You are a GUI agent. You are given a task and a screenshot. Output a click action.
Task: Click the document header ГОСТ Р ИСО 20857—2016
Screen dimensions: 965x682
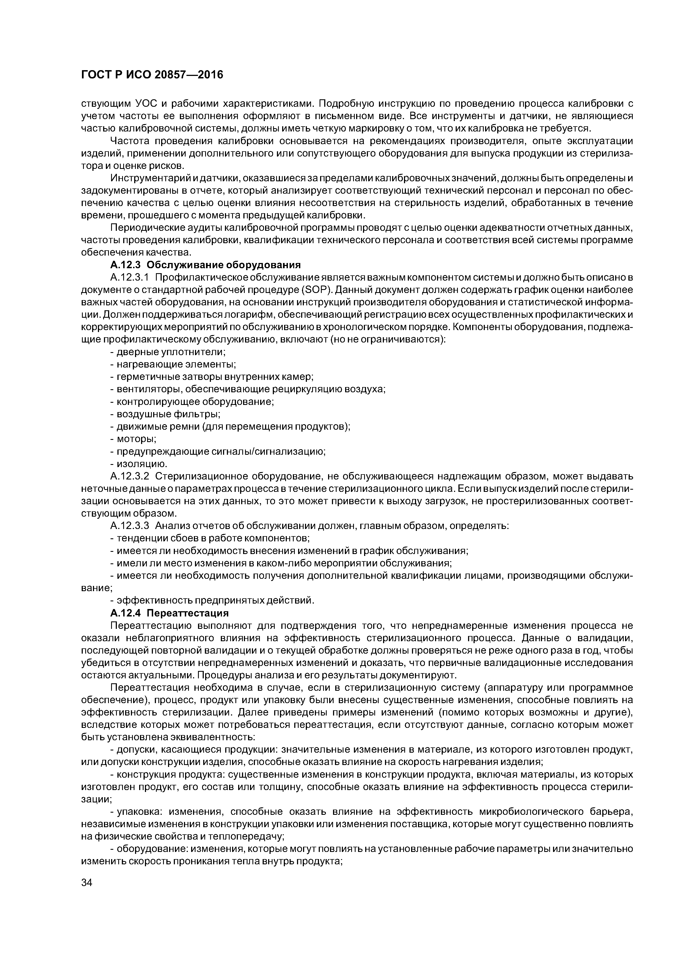152,75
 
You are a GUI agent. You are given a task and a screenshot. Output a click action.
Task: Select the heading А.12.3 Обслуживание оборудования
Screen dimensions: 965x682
205,265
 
